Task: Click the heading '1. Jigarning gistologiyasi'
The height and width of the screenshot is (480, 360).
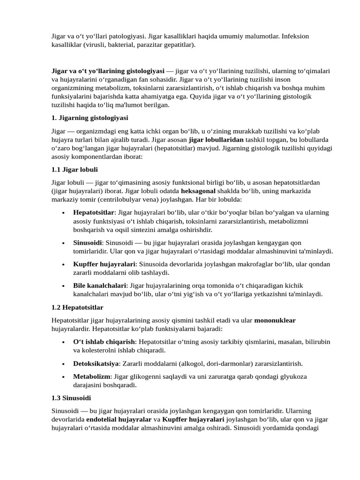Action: click(90, 118)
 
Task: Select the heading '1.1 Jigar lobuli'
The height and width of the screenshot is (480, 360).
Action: click(75, 169)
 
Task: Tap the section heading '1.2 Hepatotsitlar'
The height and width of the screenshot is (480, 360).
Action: click(77, 307)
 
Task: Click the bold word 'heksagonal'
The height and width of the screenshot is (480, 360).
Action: click(198, 191)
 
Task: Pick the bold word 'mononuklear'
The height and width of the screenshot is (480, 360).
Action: click(275, 321)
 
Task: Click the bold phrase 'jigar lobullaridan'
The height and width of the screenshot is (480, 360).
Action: click(216, 140)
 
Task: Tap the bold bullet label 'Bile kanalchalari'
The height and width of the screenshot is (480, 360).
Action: click(99, 285)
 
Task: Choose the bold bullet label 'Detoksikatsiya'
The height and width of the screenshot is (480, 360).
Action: click(95, 363)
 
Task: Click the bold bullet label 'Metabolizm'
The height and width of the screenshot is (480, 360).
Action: click(91, 376)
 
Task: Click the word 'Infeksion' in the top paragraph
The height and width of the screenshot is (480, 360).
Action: click(295, 36)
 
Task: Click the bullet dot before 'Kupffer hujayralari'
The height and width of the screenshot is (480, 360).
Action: click(63, 264)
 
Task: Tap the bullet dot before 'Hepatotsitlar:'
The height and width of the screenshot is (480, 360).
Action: click(63, 212)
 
